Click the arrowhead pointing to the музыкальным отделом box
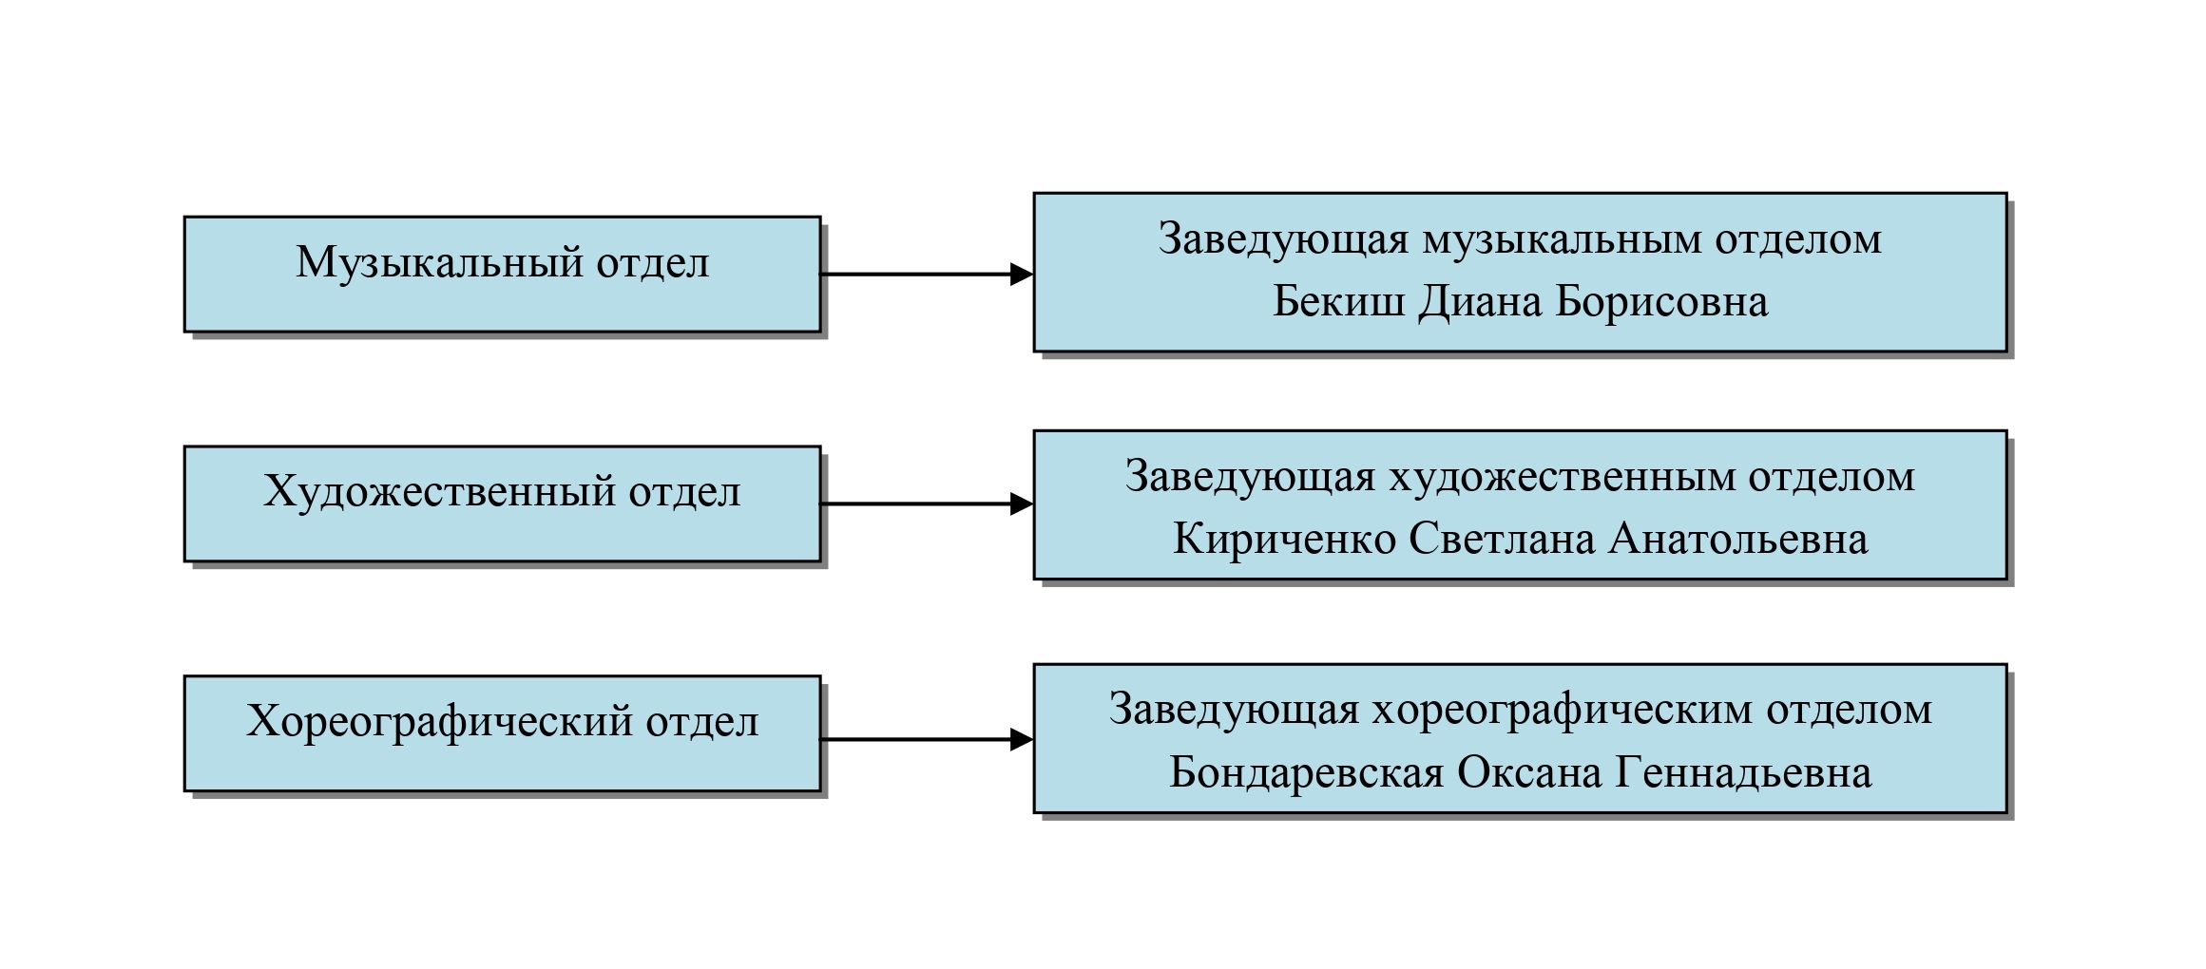pos(1022,275)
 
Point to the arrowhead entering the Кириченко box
pos(1022,503)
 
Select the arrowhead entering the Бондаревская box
pos(1022,739)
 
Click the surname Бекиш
pos(1338,302)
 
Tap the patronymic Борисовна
pos(1662,302)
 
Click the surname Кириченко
pos(1284,540)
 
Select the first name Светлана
pos(1502,540)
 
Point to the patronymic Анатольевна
pos(1738,540)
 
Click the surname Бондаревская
pos(1307,773)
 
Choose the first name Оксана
pos(1530,773)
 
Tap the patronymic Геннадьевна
pos(1744,773)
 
